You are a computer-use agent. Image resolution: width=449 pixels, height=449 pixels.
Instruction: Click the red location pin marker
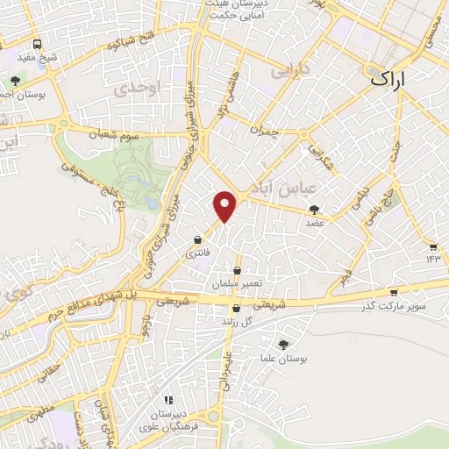tap(226, 206)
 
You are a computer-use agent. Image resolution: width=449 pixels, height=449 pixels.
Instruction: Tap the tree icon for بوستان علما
tap(282, 345)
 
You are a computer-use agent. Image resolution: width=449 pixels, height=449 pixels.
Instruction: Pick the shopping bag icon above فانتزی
tap(199, 239)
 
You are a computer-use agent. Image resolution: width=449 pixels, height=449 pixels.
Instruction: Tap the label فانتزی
tap(197, 253)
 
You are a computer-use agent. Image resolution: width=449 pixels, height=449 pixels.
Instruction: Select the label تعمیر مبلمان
tap(236, 284)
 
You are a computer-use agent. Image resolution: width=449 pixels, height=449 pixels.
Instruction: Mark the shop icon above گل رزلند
tap(236, 308)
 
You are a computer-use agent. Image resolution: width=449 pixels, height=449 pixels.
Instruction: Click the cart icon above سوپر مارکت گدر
tap(394, 292)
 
